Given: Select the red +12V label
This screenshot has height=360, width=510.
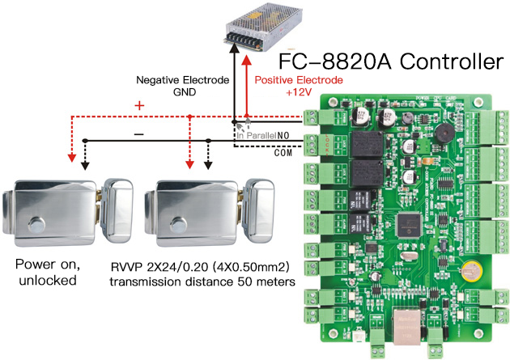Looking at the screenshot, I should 274,93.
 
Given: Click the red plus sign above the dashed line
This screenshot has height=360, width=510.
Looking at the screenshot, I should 138,105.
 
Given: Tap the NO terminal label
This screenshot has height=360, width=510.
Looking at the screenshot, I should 283,135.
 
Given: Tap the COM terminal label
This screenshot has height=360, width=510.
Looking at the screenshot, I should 283,151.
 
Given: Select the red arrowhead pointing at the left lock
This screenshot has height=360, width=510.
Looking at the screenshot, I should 71,159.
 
